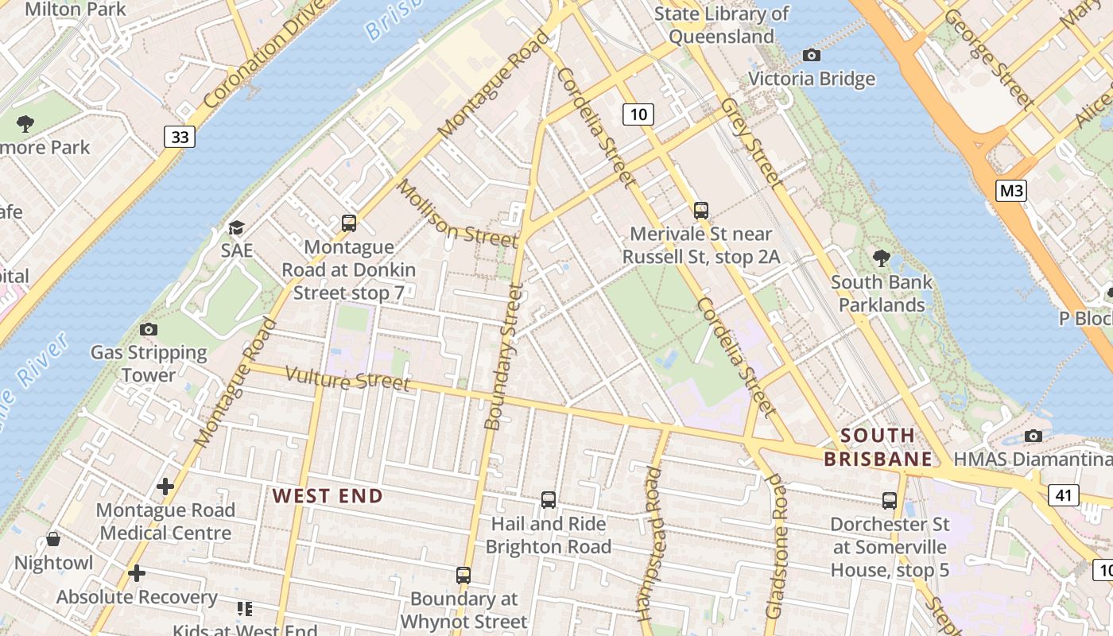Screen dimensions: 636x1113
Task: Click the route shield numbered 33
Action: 180,137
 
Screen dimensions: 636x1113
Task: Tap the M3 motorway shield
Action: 1010,190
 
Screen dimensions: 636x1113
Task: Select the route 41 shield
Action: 1064,495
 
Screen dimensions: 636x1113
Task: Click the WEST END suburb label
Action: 328,496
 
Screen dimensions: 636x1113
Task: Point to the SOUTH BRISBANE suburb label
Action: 878,447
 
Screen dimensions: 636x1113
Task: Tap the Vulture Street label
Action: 347,378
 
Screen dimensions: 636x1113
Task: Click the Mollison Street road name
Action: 457,213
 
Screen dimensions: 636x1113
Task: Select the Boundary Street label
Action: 504,358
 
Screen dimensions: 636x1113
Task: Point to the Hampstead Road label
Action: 650,544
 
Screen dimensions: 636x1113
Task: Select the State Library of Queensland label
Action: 721,25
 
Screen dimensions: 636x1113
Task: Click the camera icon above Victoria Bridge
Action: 811,55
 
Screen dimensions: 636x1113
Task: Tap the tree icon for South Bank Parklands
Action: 881,258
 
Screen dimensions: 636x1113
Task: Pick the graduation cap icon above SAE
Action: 236,228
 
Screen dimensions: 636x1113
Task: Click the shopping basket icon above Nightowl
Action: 53,539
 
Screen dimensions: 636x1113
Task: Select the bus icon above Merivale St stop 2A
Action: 700,210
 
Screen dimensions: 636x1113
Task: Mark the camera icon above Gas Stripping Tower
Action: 148,329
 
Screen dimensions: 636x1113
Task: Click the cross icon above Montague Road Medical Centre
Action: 165,486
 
